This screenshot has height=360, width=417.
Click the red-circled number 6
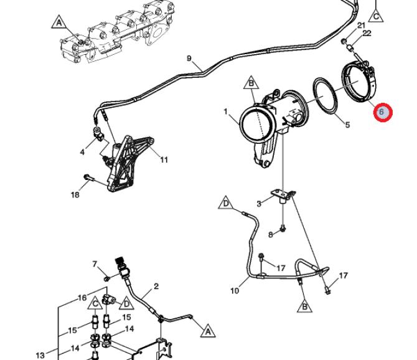click(382, 111)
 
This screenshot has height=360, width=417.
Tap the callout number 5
click(347, 125)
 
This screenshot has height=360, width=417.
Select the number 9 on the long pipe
click(189, 59)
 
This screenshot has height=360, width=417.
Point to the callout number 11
click(164, 159)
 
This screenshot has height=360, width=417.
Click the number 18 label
click(75, 195)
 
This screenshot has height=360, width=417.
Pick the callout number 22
click(367, 33)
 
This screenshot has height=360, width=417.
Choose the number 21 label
click(361, 26)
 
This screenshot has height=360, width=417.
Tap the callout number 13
click(40, 355)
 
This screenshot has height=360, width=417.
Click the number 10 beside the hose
click(235, 291)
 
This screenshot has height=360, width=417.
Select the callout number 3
click(259, 204)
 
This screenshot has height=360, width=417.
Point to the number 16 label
click(82, 298)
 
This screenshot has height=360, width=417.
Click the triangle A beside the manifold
click(59, 22)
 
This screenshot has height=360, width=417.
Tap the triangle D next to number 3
click(225, 203)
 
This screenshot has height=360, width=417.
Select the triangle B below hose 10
click(305, 306)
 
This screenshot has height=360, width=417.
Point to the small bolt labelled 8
click(283, 229)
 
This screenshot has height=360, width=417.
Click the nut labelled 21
click(344, 41)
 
